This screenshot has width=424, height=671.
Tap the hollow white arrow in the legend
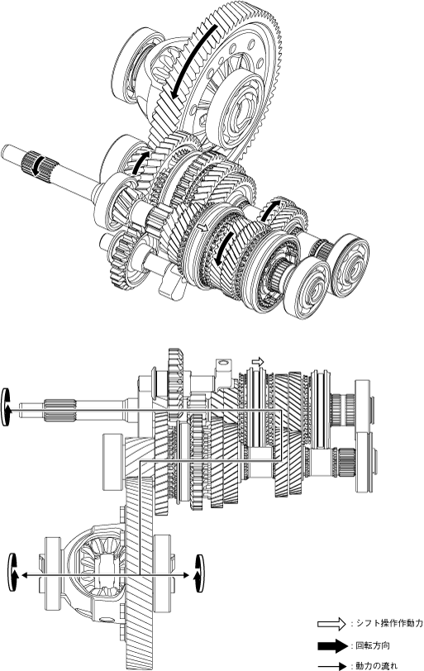tap(331, 624)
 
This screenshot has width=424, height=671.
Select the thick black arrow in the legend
tap(332, 645)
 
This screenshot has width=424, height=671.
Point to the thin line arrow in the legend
tap(332, 666)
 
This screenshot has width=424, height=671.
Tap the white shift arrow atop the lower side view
tap(258, 362)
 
